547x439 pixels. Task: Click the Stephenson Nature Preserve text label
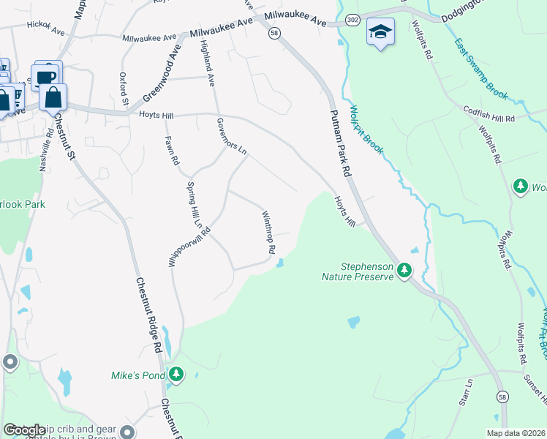coord(358,272)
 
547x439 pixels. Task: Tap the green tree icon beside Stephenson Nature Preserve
coord(404,271)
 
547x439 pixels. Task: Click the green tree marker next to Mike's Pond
coord(176,375)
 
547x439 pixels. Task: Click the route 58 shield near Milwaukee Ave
coord(273,34)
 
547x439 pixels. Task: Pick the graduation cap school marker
coord(380,32)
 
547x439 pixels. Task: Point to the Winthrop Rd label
coord(268,232)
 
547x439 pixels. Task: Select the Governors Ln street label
coord(233,135)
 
